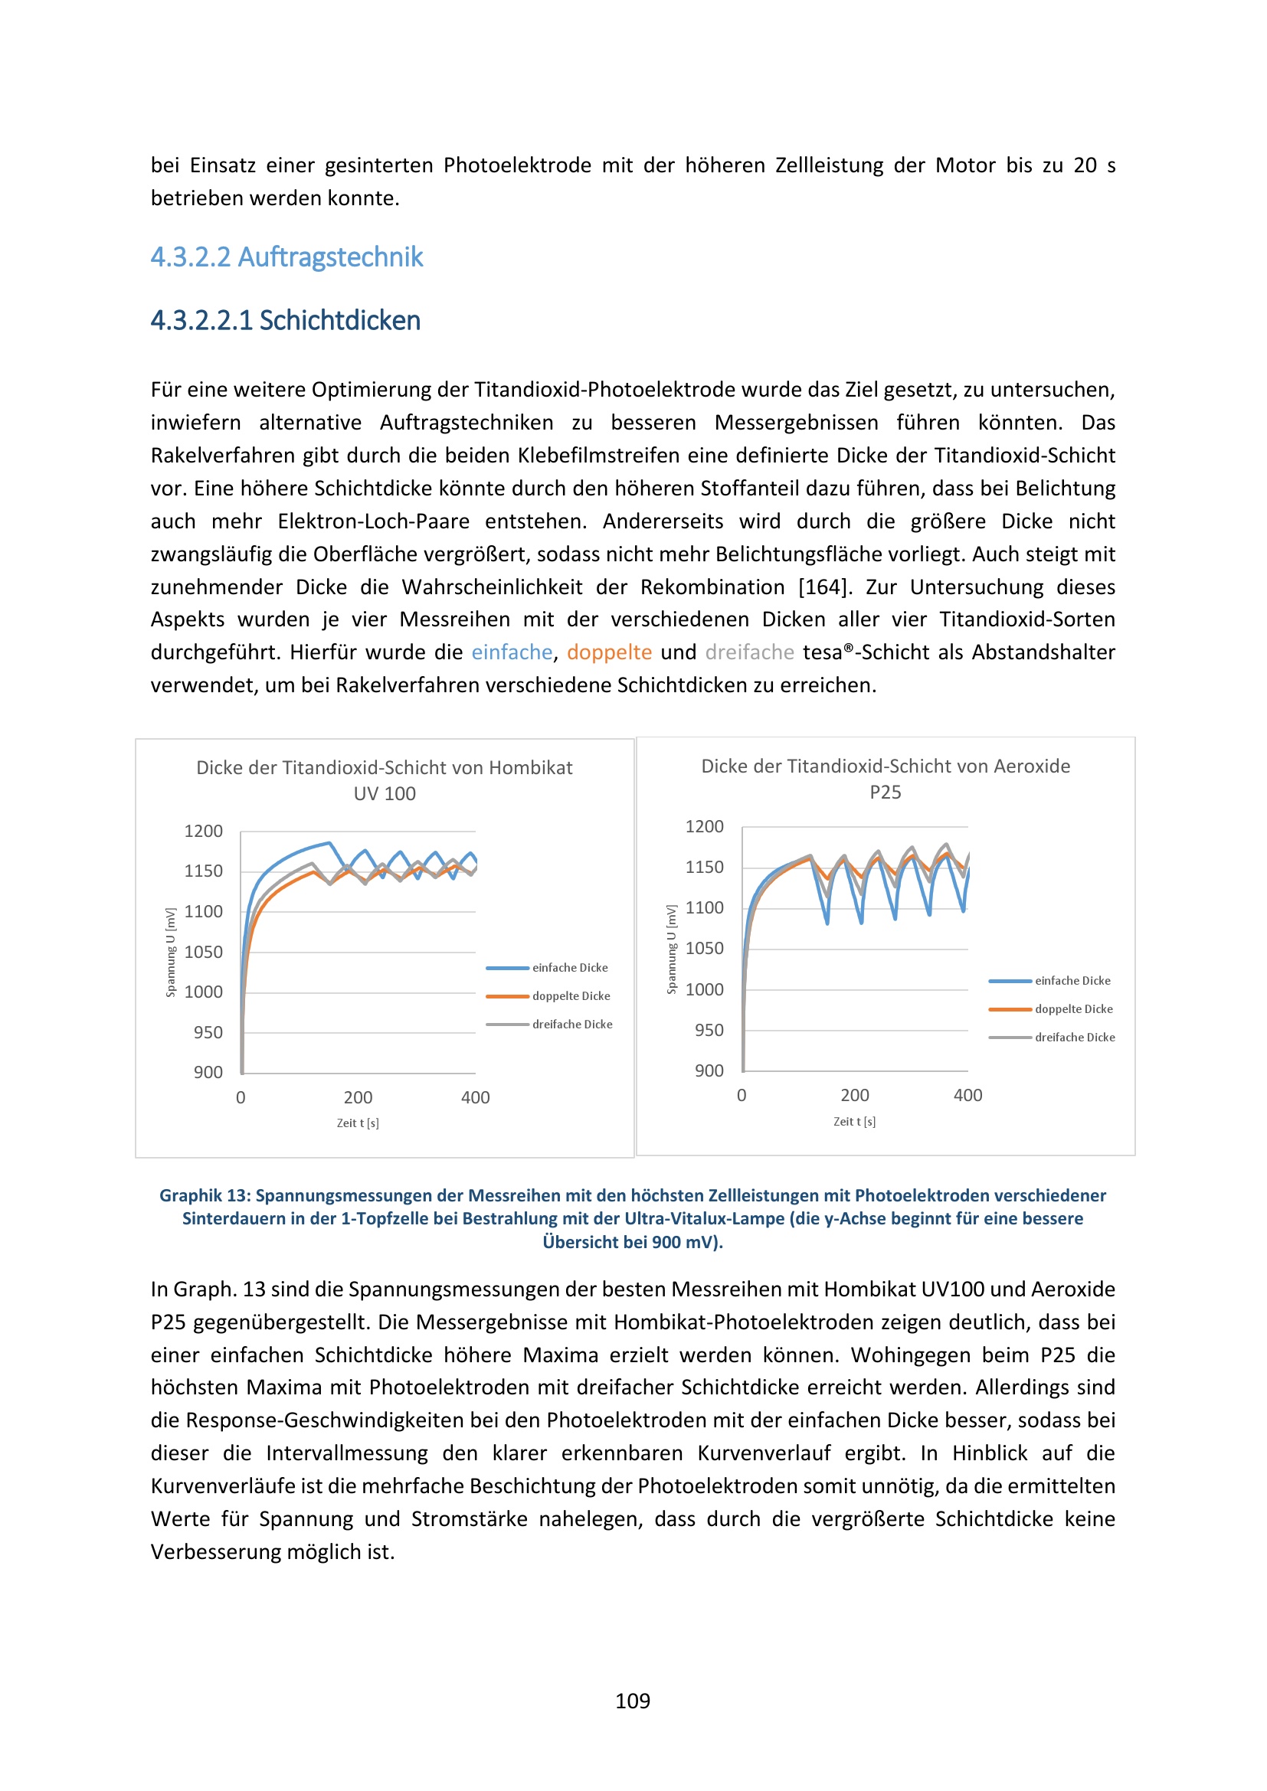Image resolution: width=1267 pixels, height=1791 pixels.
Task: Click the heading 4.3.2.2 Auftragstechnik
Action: [286, 257]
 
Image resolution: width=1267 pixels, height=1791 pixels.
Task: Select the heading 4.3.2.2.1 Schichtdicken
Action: [285, 321]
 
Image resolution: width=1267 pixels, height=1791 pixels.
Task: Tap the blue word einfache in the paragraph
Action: [512, 652]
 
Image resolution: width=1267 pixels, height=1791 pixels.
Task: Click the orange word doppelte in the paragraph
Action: [608, 652]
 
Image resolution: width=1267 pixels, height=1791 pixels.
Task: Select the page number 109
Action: [633, 1701]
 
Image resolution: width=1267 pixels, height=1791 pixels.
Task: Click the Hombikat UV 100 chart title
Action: [384, 780]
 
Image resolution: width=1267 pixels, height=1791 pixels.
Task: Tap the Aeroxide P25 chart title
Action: [885, 779]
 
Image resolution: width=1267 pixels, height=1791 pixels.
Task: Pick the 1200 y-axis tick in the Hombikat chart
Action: [204, 832]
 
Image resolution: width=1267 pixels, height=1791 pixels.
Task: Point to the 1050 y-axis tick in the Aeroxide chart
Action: [704, 949]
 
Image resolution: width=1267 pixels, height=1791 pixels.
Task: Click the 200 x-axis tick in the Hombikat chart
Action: [358, 1097]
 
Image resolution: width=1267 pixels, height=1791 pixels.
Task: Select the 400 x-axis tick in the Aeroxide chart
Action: [967, 1095]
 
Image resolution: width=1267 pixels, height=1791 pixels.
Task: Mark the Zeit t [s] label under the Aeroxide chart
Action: [854, 1122]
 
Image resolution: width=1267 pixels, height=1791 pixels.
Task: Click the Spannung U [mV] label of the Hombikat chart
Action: [170, 953]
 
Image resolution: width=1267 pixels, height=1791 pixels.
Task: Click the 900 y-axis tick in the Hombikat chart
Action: [208, 1073]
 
